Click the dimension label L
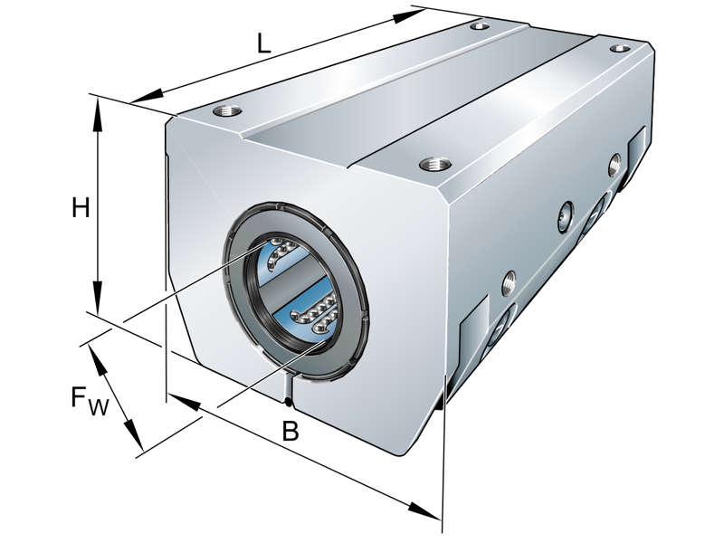(x=263, y=43)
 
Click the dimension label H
(x=81, y=208)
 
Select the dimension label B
(x=290, y=432)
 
